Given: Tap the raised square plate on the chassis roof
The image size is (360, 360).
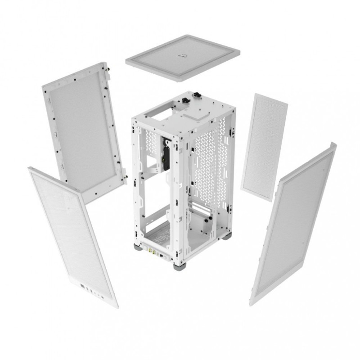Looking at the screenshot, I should click(202, 110).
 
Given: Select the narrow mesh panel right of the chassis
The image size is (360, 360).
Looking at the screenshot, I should click(264, 146).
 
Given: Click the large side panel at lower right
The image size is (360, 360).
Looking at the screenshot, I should click(292, 225).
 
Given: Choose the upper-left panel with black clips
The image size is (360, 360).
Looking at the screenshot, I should click(83, 130).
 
